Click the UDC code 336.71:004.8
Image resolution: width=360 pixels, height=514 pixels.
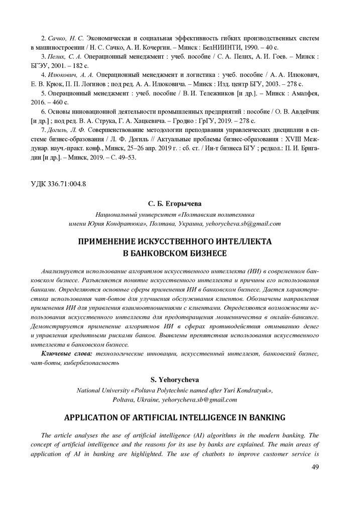pyautogui.click(x=62, y=183)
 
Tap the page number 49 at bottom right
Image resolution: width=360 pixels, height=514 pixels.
pyautogui.click(x=315, y=467)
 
